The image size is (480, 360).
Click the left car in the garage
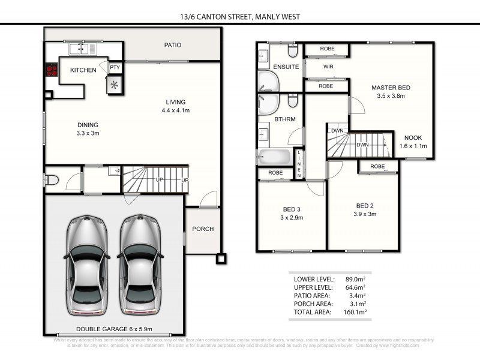(x=88, y=266)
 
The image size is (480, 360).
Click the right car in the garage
(x=140, y=266)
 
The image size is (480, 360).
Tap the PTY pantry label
(x=115, y=68)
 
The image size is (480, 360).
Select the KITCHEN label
(x=83, y=70)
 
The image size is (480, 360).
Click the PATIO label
(x=173, y=45)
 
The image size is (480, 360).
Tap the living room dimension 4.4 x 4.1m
(x=176, y=110)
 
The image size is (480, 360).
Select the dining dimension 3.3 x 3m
(x=88, y=133)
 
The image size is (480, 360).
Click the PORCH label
(x=202, y=229)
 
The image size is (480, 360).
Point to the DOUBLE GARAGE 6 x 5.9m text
(x=114, y=329)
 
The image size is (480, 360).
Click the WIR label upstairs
(x=328, y=67)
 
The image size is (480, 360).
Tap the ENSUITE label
(x=286, y=67)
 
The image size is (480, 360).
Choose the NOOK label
(x=412, y=137)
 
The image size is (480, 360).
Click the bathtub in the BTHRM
(x=275, y=158)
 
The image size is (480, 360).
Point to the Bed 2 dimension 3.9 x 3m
(x=365, y=214)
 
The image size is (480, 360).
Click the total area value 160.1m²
(x=354, y=311)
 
